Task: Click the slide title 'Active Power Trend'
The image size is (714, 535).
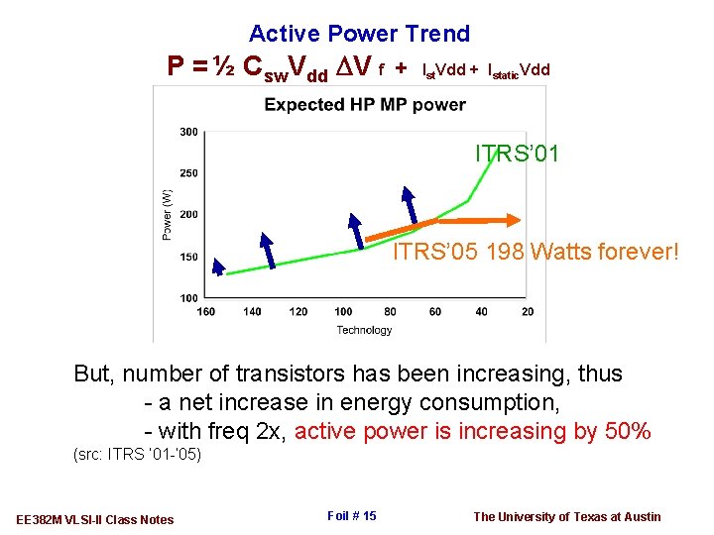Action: click(x=359, y=34)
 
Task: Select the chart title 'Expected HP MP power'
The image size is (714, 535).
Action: click(x=365, y=104)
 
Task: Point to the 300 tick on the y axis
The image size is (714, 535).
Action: click(x=188, y=132)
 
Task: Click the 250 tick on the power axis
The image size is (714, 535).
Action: click(x=188, y=173)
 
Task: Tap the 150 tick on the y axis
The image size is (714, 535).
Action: click(x=188, y=257)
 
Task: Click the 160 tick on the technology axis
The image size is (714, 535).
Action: click(x=206, y=312)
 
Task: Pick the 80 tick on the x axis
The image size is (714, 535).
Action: click(x=389, y=312)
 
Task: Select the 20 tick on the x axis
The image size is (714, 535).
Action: click(x=527, y=312)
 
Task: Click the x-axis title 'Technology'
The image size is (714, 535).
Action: click(x=364, y=330)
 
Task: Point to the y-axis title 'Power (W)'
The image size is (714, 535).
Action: click(x=168, y=214)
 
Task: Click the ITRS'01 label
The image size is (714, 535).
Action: click(x=517, y=154)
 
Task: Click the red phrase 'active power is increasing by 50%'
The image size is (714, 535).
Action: click(x=473, y=431)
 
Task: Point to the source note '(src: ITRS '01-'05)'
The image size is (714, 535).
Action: click(x=138, y=455)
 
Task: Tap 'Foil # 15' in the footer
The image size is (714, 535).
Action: click(x=351, y=515)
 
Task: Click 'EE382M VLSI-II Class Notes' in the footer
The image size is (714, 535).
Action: click(x=95, y=519)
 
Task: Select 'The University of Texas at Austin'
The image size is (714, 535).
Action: click(x=566, y=516)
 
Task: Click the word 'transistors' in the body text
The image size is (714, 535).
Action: click(x=290, y=374)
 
